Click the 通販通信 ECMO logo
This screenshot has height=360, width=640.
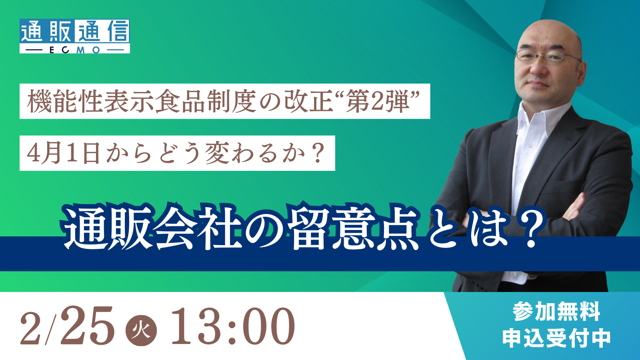74,36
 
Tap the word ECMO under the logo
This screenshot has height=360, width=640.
74,50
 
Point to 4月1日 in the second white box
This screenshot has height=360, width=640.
64,154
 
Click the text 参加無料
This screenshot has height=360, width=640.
556,312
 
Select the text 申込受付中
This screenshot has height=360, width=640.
556,338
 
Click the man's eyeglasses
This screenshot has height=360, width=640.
547,56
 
